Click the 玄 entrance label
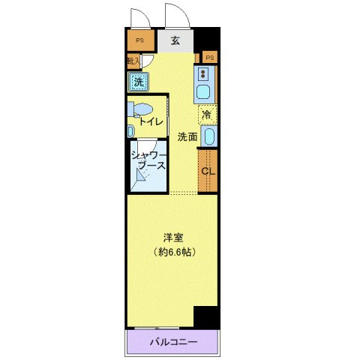coord(175,41)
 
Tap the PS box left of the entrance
coord(138,41)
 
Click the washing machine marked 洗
coord(138,81)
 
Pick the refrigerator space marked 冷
coord(207,115)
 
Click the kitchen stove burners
coord(204,73)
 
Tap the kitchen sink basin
coord(204,92)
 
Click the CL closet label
coord(208,170)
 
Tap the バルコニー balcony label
coord(172,342)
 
